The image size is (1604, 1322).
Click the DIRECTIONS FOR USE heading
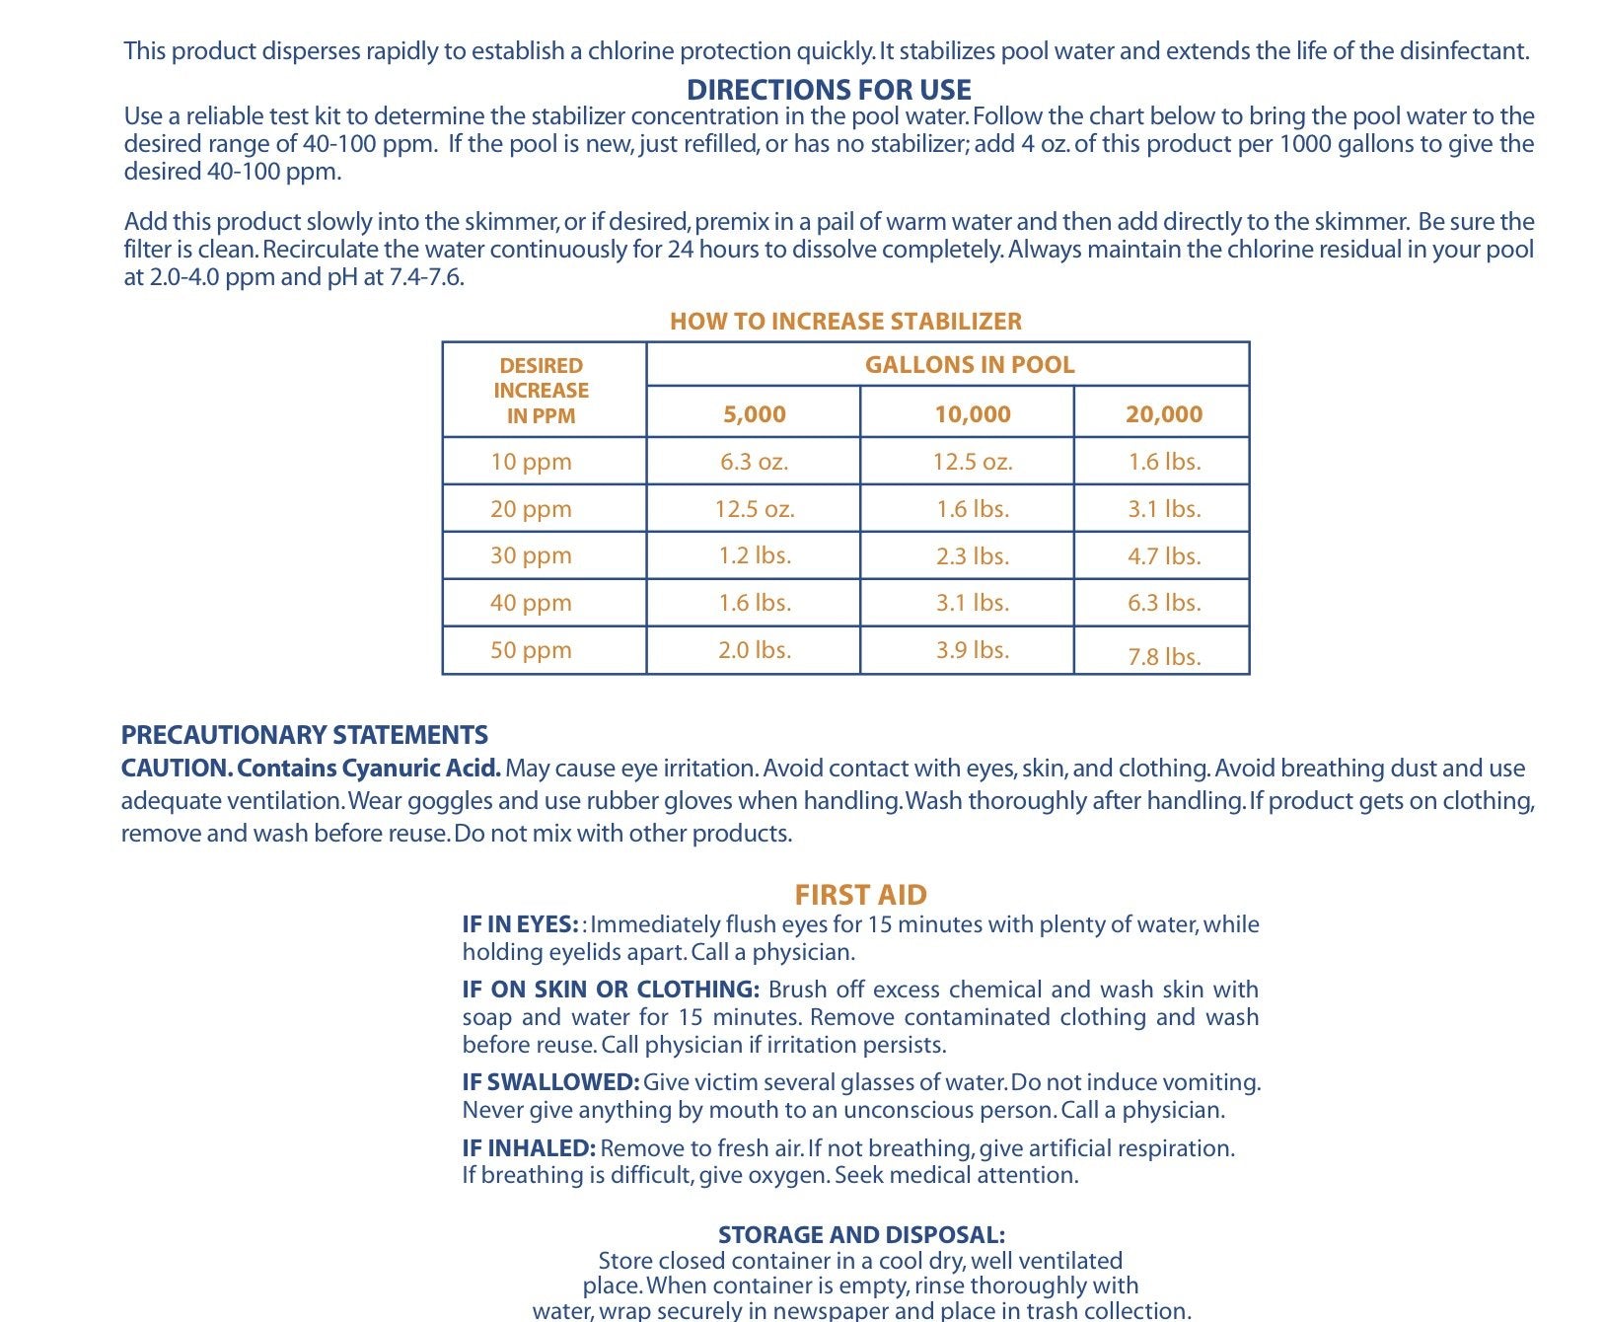(829, 90)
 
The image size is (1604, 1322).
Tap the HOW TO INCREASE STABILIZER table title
(845, 321)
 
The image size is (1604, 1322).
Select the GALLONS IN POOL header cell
(969, 364)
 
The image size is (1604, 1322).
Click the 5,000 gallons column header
(755, 413)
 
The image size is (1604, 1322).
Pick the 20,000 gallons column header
(1164, 413)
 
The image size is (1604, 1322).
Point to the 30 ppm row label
(531, 555)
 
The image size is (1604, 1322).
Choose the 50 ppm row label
(531, 650)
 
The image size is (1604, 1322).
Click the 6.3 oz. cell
(755, 462)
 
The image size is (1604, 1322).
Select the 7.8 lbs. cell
(1164, 656)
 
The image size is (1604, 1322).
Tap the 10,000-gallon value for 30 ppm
(973, 555)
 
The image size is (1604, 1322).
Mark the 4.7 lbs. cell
(1164, 555)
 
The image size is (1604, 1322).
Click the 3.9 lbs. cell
(973, 650)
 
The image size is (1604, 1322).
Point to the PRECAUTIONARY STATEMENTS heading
(304, 735)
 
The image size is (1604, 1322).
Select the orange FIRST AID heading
(860, 895)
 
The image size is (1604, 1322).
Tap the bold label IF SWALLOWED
(550, 1082)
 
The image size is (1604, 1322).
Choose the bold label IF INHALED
(529, 1148)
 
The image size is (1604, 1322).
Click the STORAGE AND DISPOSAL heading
(861, 1234)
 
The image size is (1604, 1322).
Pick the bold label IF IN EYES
(520, 924)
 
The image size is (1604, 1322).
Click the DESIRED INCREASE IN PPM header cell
(542, 391)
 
